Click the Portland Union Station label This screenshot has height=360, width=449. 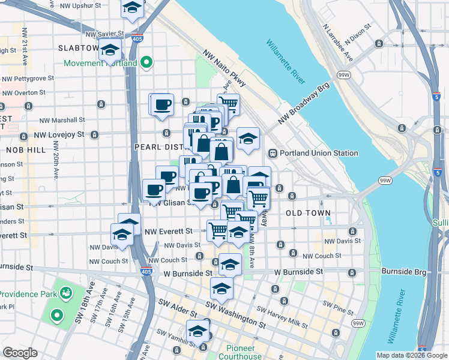318,153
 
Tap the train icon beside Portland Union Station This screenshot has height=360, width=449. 273,153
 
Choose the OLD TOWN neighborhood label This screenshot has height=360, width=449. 308,213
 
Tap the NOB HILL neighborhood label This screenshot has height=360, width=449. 26,149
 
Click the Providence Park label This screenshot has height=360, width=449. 28,294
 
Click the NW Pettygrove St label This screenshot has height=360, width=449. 28,78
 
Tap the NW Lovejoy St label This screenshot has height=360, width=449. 59,135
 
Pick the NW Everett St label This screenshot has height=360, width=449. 171,230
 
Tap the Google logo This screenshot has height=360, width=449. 20,353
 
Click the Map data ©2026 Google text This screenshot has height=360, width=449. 411,355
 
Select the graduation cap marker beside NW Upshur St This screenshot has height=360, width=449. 132,8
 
